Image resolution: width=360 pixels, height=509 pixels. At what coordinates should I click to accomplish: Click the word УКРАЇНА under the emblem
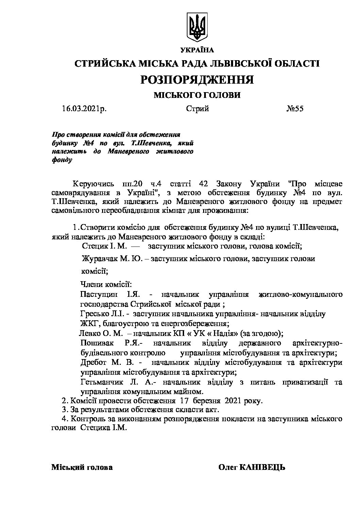(197, 50)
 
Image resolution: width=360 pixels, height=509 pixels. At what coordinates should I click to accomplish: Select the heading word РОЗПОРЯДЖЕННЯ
(197, 80)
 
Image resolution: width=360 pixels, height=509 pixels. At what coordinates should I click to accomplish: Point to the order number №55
(295, 109)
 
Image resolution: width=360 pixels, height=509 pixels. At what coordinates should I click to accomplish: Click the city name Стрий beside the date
(197, 109)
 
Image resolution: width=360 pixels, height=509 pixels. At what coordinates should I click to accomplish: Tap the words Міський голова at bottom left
(82, 467)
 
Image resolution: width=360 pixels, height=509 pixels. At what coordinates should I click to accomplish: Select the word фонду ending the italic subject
(62, 160)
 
